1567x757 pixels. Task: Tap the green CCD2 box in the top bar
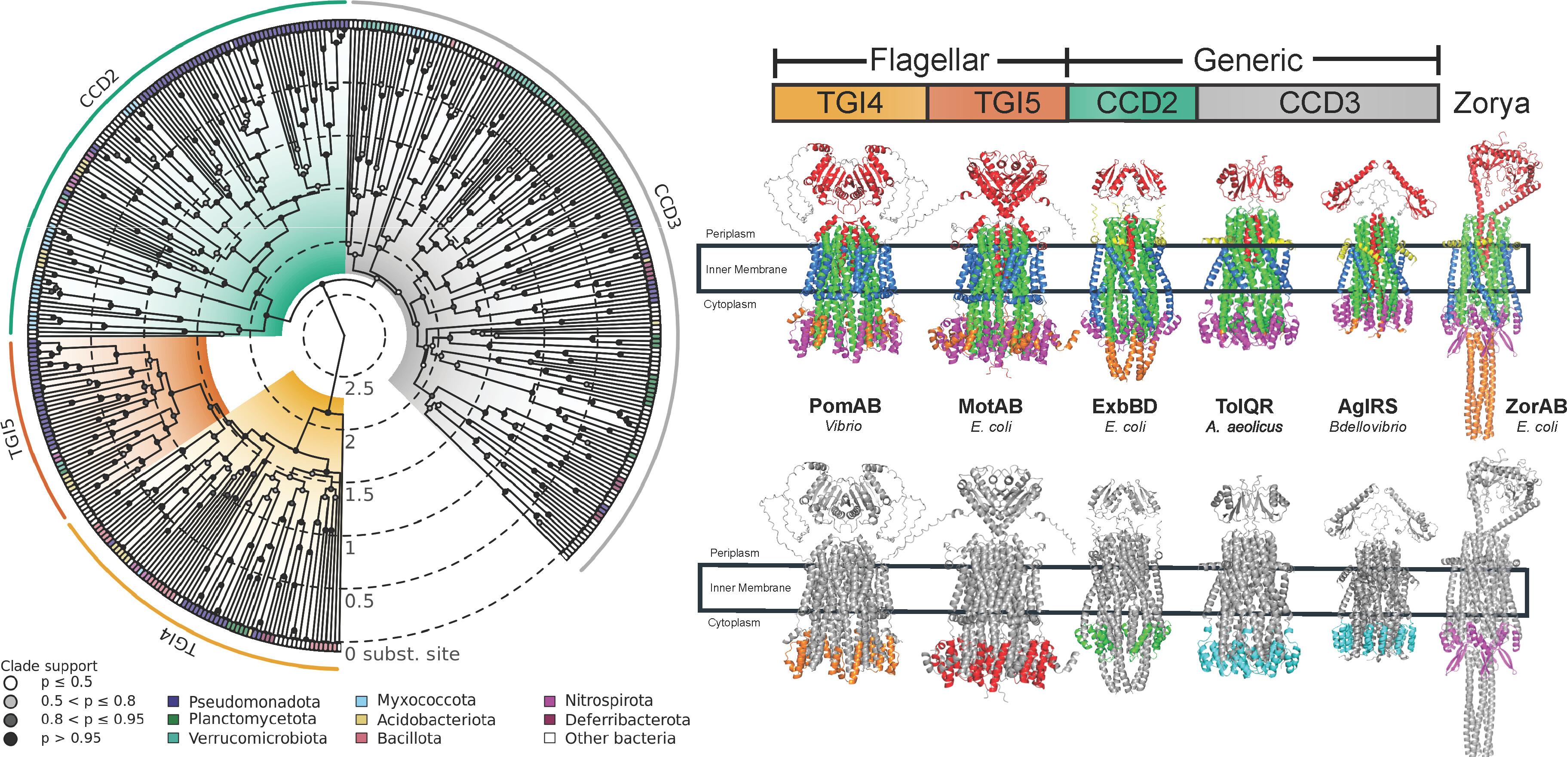click(1133, 103)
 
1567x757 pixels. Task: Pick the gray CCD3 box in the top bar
click(1318, 103)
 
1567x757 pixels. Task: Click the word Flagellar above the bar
click(929, 60)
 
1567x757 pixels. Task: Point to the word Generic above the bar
click(1248, 60)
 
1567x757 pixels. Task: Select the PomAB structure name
click(844, 406)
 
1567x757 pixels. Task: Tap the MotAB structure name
click(990, 406)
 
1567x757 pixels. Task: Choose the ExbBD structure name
click(1124, 406)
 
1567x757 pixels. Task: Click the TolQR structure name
click(1244, 406)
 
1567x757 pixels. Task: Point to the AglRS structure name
click(1368, 406)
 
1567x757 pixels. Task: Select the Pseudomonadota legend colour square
click(173, 702)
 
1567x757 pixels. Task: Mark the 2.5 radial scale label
click(359, 388)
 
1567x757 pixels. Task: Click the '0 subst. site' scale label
click(402, 654)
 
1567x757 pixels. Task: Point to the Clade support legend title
click(49, 666)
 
